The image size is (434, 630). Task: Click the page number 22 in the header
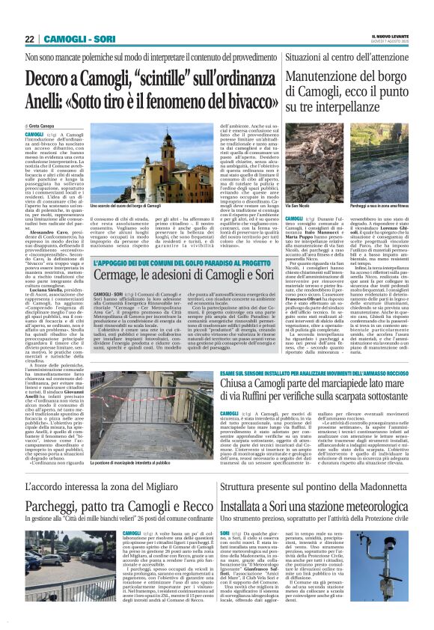pyautogui.click(x=29, y=38)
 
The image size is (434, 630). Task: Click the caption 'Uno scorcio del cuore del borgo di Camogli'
pyautogui.click(x=124, y=204)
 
